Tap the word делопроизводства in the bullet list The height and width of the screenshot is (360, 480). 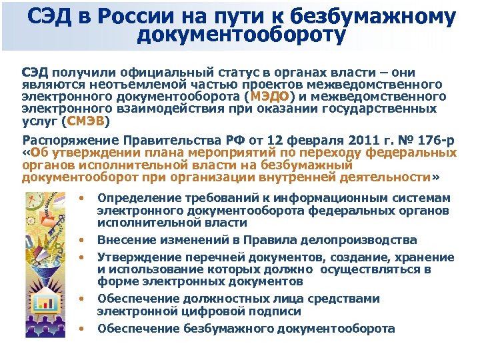[x=360, y=239]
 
